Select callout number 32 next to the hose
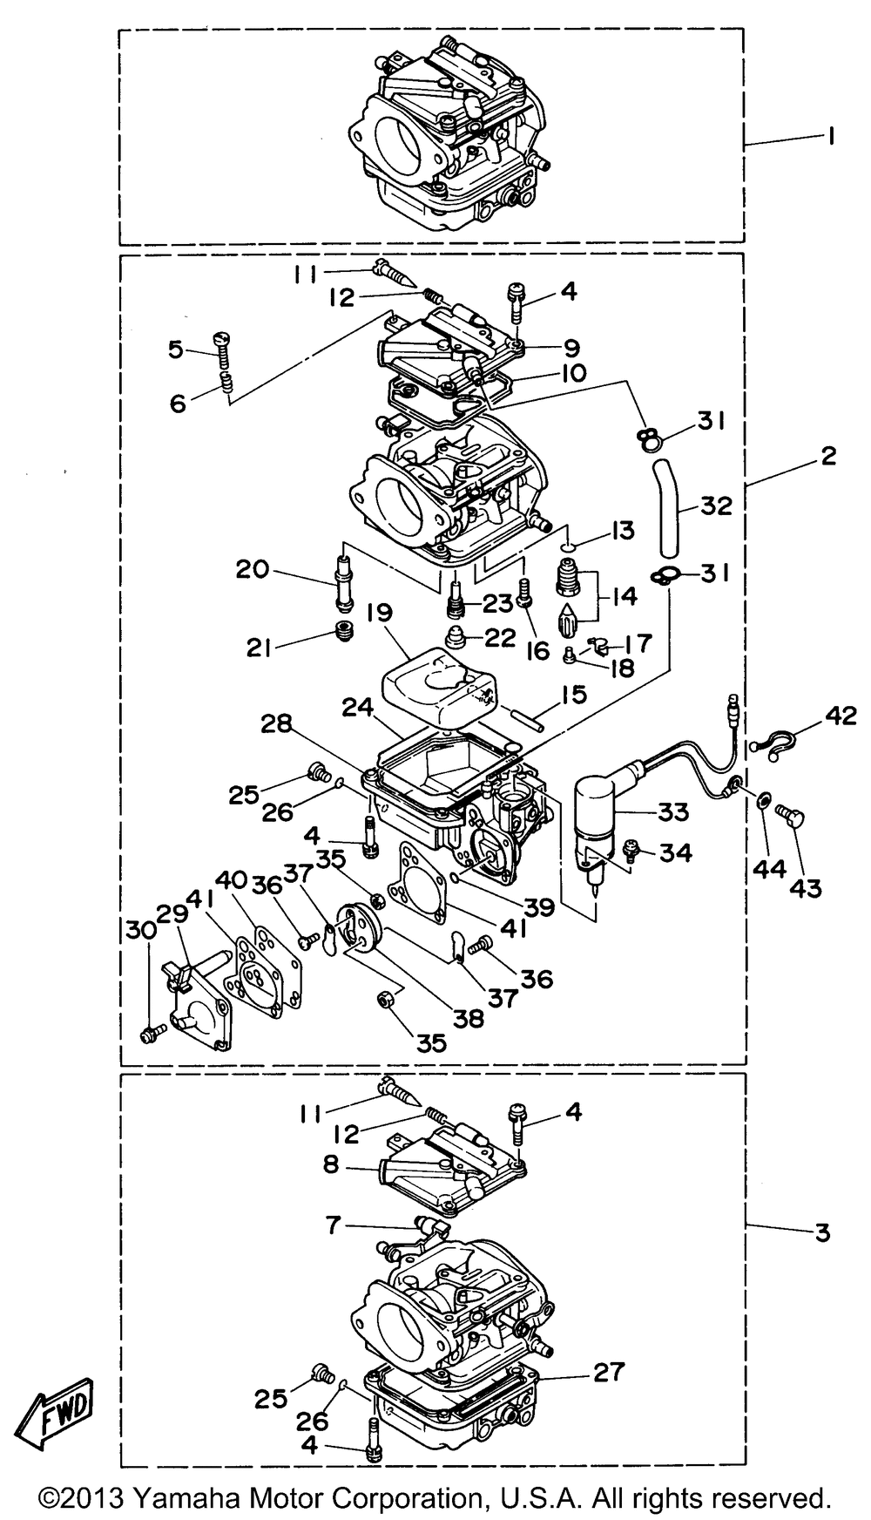point(715,506)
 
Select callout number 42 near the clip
point(841,716)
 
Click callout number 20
point(253,570)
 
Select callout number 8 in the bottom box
point(330,1164)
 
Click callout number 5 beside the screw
point(177,349)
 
